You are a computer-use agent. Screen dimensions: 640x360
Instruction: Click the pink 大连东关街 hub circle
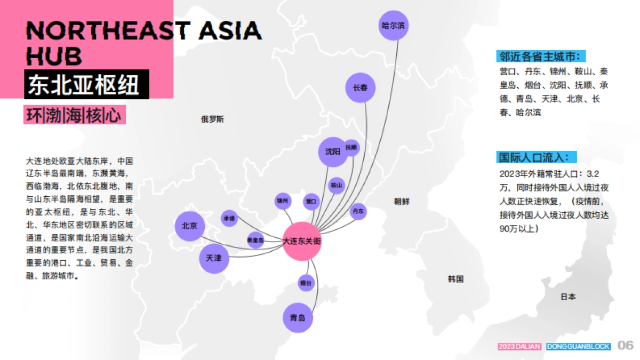point(302,241)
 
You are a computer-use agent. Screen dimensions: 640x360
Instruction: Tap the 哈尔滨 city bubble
point(394,25)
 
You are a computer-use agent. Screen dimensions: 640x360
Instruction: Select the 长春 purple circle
point(361,88)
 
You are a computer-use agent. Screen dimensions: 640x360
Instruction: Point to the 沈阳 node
point(332,151)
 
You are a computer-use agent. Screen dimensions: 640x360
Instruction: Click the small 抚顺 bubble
point(351,147)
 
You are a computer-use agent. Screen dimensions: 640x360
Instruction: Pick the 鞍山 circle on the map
point(336,185)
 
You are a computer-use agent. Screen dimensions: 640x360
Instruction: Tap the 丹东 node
point(358,211)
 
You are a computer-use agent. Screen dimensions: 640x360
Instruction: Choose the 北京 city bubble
point(190,226)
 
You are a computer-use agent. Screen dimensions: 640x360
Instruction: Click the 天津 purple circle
point(214,258)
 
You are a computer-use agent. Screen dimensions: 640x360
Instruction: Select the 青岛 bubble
point(298,318)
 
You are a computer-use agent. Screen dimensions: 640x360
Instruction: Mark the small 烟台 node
point(306,283)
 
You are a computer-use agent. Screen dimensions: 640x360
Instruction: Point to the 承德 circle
point(229,219)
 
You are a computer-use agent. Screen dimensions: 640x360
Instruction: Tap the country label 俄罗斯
point(212,119)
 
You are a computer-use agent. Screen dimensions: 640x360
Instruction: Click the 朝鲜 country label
point(402,202)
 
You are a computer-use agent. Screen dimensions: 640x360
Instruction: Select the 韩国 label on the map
point(455,279)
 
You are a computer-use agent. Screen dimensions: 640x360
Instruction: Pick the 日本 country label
point(568,297)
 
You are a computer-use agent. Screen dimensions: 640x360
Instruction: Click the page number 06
point(626,346)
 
